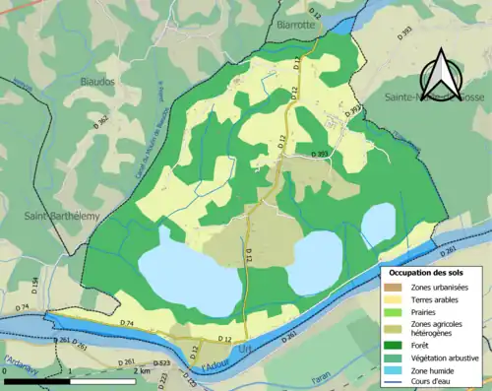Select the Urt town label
point(245,350)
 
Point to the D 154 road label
point(35,287)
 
